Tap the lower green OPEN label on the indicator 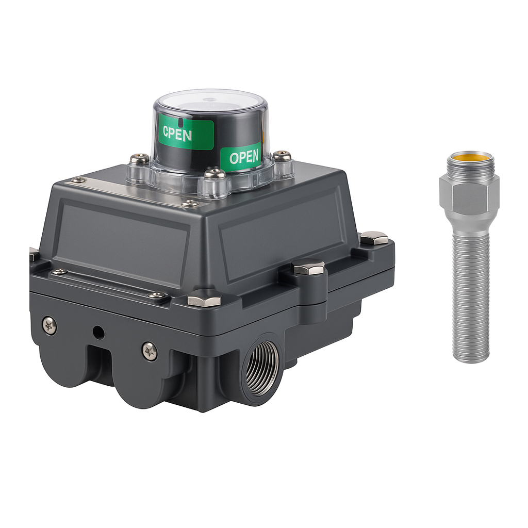pyautogui.click(x=241, y=155)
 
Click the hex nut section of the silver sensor pyautogui.click(x=469, y=194)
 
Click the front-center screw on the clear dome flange pyautogui.click(x=215, y=173)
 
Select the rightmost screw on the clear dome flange pyautogui.click(x=282, y=156)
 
